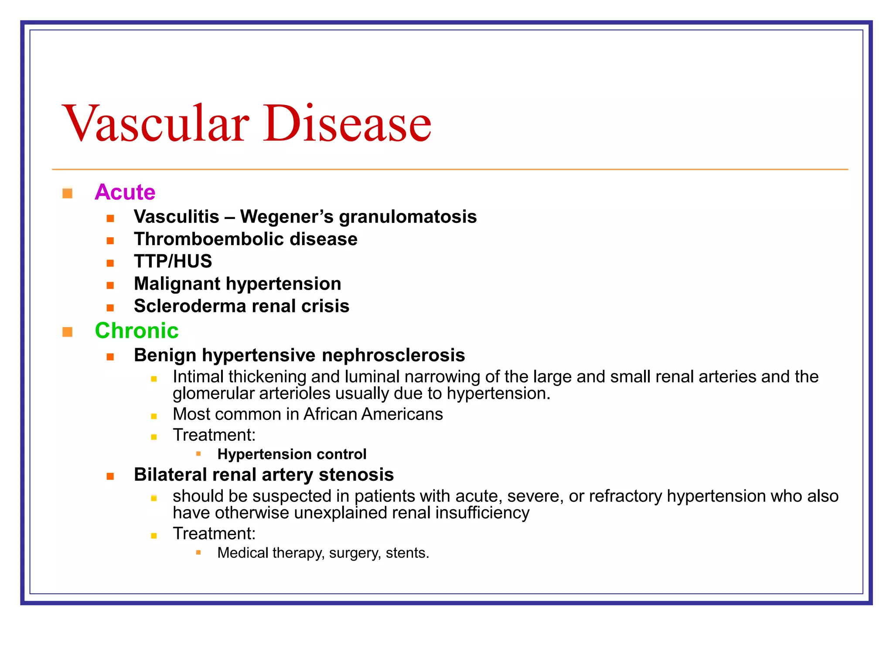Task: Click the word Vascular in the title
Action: (x=156, y=124)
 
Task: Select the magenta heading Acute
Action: (x=125, y=192)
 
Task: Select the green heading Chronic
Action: (x=136, y=331)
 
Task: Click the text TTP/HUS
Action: (x=173, y=262)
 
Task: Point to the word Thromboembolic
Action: (x=209, y=239)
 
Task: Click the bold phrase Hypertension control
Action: (x=292, y=455)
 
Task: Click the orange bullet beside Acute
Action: (x=67, y=193)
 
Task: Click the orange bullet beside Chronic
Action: (x=67, y=332)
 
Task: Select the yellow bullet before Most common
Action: (x=154, y=417)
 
